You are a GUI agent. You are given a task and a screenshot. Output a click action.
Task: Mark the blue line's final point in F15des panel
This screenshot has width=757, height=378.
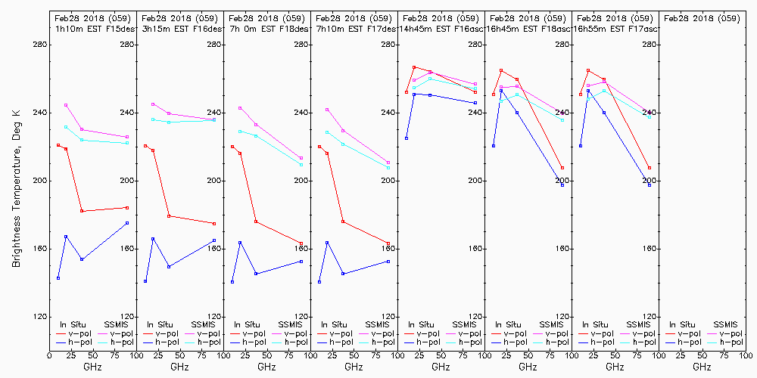(127, 223)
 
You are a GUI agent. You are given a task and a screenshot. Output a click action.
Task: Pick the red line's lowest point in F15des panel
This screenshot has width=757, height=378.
(82, 211)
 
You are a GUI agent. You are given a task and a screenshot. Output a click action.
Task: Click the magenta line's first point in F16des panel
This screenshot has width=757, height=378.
(153, 104)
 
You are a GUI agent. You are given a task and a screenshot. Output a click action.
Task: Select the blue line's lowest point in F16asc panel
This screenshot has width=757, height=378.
(407, 138)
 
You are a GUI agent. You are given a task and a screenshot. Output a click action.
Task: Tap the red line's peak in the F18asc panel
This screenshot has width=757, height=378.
(501, 70)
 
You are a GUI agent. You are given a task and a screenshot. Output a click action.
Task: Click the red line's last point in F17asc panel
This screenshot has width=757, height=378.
(650, 168)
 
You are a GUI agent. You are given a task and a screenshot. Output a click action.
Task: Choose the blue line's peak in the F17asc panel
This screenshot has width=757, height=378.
(588, 91)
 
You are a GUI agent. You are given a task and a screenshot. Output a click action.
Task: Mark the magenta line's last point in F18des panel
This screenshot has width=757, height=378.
(301, 158)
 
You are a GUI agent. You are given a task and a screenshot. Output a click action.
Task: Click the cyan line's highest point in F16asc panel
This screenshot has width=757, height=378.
(430, 79)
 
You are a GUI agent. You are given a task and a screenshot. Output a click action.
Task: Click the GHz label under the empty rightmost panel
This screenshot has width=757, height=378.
(702, 367)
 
